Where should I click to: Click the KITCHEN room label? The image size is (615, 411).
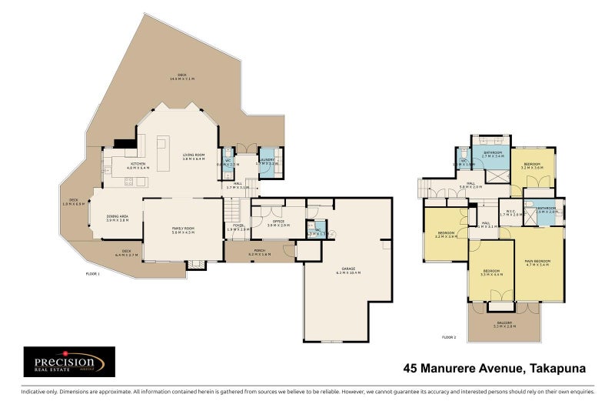[138, 163]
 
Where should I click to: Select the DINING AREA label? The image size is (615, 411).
[118, 218]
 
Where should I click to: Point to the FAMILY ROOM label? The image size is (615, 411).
[182, 229]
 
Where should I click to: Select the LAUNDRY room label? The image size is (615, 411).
[269, 161]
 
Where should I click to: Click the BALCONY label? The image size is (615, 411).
[504, 323]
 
